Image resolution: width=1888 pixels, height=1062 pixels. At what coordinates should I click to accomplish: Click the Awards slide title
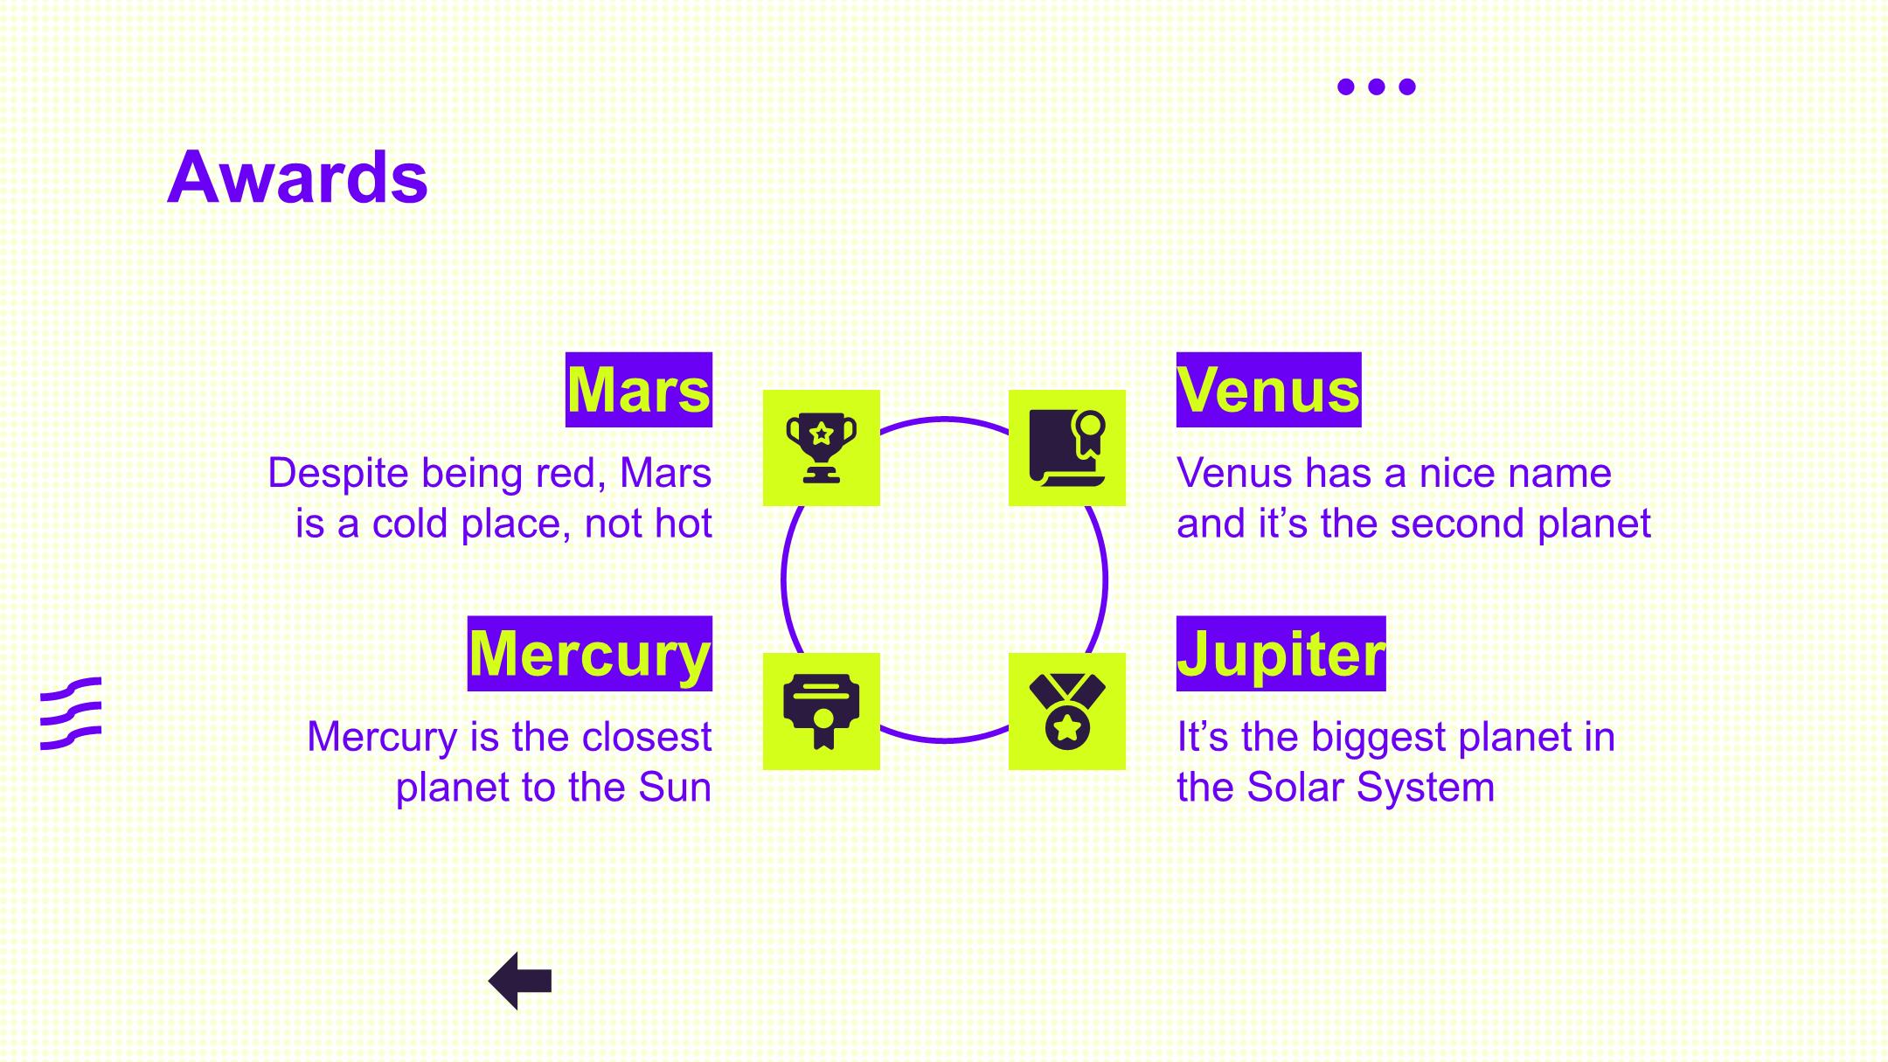[297, 177]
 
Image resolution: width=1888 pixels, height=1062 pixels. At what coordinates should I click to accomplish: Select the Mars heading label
[639, 390]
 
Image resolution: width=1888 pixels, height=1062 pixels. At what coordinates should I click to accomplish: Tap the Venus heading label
[1268, 390]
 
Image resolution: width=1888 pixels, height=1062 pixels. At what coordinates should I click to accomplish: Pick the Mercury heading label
[590, 654]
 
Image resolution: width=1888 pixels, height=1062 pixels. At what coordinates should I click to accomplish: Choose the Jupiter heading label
[1281, 654]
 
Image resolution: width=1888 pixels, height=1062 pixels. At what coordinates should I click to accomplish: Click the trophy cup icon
[822, 448]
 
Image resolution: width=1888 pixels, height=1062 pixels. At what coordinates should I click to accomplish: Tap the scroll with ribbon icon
[1067, 448]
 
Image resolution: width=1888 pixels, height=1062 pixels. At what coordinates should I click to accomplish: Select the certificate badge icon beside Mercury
[822, 711]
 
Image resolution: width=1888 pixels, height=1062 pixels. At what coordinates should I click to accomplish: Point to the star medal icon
[1067, 711]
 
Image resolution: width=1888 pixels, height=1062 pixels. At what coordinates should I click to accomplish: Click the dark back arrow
[520, 981]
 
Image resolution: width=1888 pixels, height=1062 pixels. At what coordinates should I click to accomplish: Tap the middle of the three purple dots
[1377, 87]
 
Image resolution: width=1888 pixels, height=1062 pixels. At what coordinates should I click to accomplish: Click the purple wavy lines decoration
[71, 713]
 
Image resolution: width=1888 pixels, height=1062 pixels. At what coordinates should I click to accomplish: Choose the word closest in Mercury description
[647, 737]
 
